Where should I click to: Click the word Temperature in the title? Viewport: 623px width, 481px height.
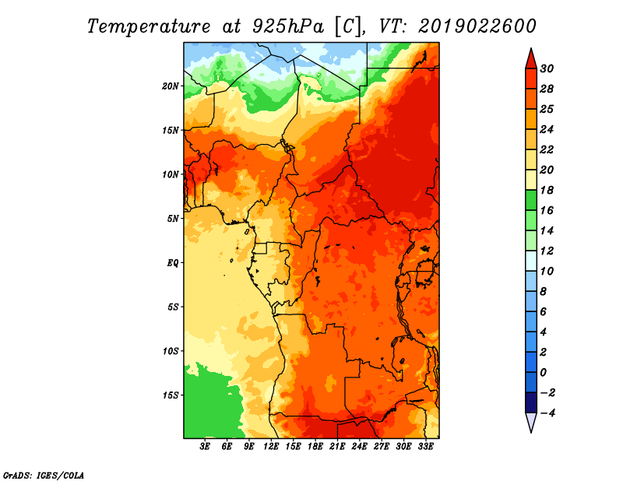click(149, 26)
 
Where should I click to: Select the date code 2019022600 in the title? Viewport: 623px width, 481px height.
click(477, 26)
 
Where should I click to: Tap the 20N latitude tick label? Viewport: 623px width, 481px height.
click(171, 86)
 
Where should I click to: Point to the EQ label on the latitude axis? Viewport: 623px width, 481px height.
click(172, 263)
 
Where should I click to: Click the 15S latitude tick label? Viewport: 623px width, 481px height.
click(171, 395)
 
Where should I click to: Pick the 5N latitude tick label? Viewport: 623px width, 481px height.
click(173, 219)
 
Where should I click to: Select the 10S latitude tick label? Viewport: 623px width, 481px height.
click(171, 351)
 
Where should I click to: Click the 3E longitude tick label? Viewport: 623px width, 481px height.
click(205, 446)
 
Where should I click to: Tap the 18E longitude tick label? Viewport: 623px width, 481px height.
click(315, 446)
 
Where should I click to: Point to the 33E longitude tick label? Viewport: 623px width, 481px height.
click(425, 446)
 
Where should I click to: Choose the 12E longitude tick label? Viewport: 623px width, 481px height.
click(271, 446)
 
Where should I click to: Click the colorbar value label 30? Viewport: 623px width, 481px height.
click(547, 68)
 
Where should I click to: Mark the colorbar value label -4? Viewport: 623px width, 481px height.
click(547, 413)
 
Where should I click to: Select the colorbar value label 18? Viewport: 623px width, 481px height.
click(547, 190)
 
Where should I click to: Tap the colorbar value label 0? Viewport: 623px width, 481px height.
click(544, 373)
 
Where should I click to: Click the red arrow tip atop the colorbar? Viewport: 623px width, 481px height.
click(531, 49)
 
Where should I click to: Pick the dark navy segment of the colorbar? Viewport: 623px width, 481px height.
click(531, 402)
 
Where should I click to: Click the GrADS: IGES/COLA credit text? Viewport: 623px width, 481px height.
click(44, 476)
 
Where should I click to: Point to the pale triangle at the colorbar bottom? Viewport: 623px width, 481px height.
click(531, 421)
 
